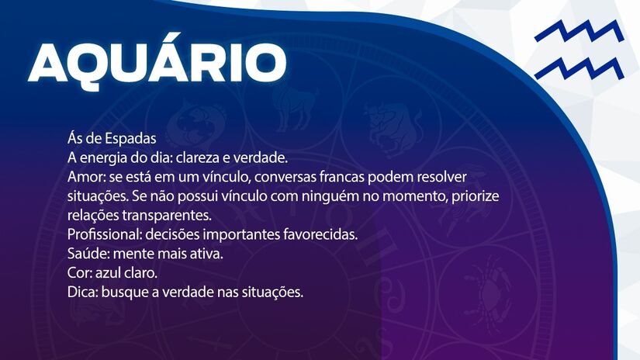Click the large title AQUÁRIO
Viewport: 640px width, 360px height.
tap(157, 61)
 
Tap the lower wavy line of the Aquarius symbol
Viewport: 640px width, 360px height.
tap(579, 68)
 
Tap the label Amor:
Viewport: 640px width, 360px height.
tap(85, 177)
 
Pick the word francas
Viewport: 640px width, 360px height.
tap(353, 177)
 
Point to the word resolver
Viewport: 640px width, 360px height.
tap(441, 177)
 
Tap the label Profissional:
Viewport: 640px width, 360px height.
tap(104, 234)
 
